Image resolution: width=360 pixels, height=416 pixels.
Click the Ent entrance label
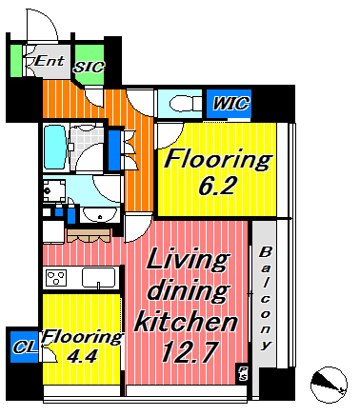pyautogui.click(x=50, y=61)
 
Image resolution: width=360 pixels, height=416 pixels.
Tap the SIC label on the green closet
pyautogui.click(x=89, y=68)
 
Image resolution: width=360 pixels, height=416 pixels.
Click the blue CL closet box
pyautogui.click(x=24, y=347)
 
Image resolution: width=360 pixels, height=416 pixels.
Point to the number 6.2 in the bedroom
pyautogui.click(x=218, y=186)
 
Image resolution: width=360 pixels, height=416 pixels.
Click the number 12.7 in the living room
pyautogui.click(x=190, y=351)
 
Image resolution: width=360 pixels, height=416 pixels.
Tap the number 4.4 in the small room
pyautogui.click(x=82, y=356)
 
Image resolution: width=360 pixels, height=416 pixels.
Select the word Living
pyautogui.click(x=188, y=260)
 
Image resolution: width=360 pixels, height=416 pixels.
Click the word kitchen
pyautogui.click(x=186, y=322)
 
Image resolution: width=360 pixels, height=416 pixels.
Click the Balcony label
pyautogui.click(x=265, y=299)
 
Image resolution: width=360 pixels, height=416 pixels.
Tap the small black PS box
pyautogui.click(x=243, y=373)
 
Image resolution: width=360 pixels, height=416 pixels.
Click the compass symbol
pyautogui.click(x=329, y=385)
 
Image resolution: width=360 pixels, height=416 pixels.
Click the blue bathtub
pyautogui.click(x=54, y=147)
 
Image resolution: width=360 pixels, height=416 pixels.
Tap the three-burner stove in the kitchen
pyautogui.click(x=56, y=277)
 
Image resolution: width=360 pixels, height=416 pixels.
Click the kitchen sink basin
pyautogui.click(x=99, y=278)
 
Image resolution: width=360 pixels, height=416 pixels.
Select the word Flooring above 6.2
pyautogui.click(x=218, y=159)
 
